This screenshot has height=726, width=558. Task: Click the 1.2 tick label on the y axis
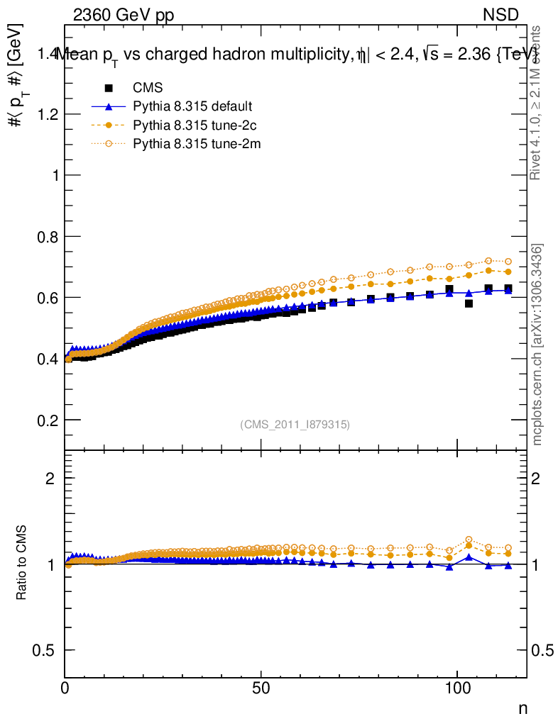(45, 114)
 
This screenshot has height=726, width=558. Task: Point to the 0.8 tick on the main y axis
(45, 236)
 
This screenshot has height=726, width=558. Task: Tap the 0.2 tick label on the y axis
(45, 420)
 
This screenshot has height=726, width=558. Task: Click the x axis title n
(522, 708)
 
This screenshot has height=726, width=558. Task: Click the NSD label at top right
(501, 16)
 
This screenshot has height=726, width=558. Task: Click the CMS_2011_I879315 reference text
(295, 425)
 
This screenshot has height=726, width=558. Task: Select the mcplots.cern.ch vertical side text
(537, 345)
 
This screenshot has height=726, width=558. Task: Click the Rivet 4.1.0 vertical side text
(537, 103)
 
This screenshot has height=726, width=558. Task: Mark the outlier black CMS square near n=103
(469, 303)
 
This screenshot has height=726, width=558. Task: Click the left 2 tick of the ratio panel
(50, 479)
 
